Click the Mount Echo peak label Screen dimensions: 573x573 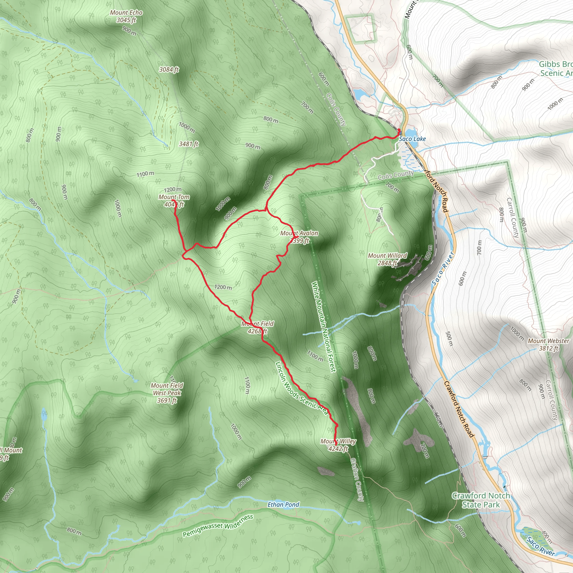(x=126, y=16)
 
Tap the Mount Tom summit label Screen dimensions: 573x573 (x=174, y=201)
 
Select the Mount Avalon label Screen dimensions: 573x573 (x=299, y=237)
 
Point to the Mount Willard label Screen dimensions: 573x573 (x=387, y=259)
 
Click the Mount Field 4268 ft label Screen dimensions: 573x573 (x=257, y=327)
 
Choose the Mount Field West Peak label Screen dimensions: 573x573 (x=167, y=393)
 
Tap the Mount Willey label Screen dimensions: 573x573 (x=338, y=445)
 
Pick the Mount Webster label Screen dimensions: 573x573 (x=548, y=344)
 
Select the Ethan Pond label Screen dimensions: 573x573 (x=283, y=504)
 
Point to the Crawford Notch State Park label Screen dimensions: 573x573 (x=481, y=500)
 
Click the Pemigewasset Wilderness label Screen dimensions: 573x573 (x=218, y=525)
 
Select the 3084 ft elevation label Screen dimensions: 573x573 (x=169, y=69)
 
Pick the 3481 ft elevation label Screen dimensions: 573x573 (x=189, y=144)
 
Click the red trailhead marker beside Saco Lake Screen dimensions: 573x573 (x=399, y=130)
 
